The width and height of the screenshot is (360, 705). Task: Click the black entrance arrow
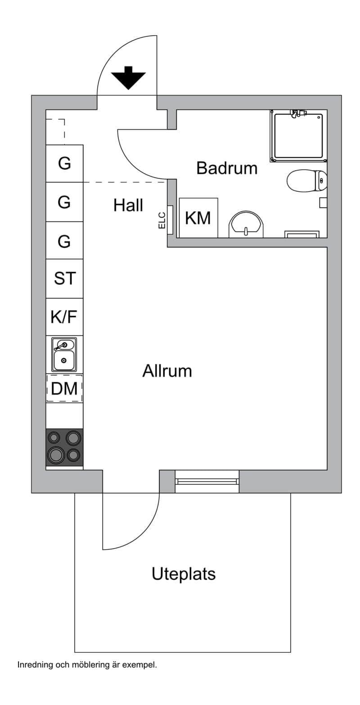point(128,78)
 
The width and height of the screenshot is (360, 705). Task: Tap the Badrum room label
point(227,168)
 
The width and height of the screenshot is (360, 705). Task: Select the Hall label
point(128,205)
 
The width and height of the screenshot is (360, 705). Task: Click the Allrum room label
point(167,371)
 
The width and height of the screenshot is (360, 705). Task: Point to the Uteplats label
point(184,574)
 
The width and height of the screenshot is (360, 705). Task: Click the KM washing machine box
point(198,217)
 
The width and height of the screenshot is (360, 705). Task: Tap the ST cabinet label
point(65,278)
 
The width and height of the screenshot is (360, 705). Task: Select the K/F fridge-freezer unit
point(64,316)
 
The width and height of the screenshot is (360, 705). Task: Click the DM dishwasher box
point(64,389)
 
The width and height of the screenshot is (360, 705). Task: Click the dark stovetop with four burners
point(64,447)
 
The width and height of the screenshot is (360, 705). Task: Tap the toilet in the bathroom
point(307,181)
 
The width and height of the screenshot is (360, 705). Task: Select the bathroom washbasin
point(246,224)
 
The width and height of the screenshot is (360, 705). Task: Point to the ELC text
point(162,220)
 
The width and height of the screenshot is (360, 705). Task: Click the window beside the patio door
point(207,482)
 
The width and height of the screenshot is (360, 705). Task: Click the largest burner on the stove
point(56,455)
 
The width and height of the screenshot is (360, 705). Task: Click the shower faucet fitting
point(297,113)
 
